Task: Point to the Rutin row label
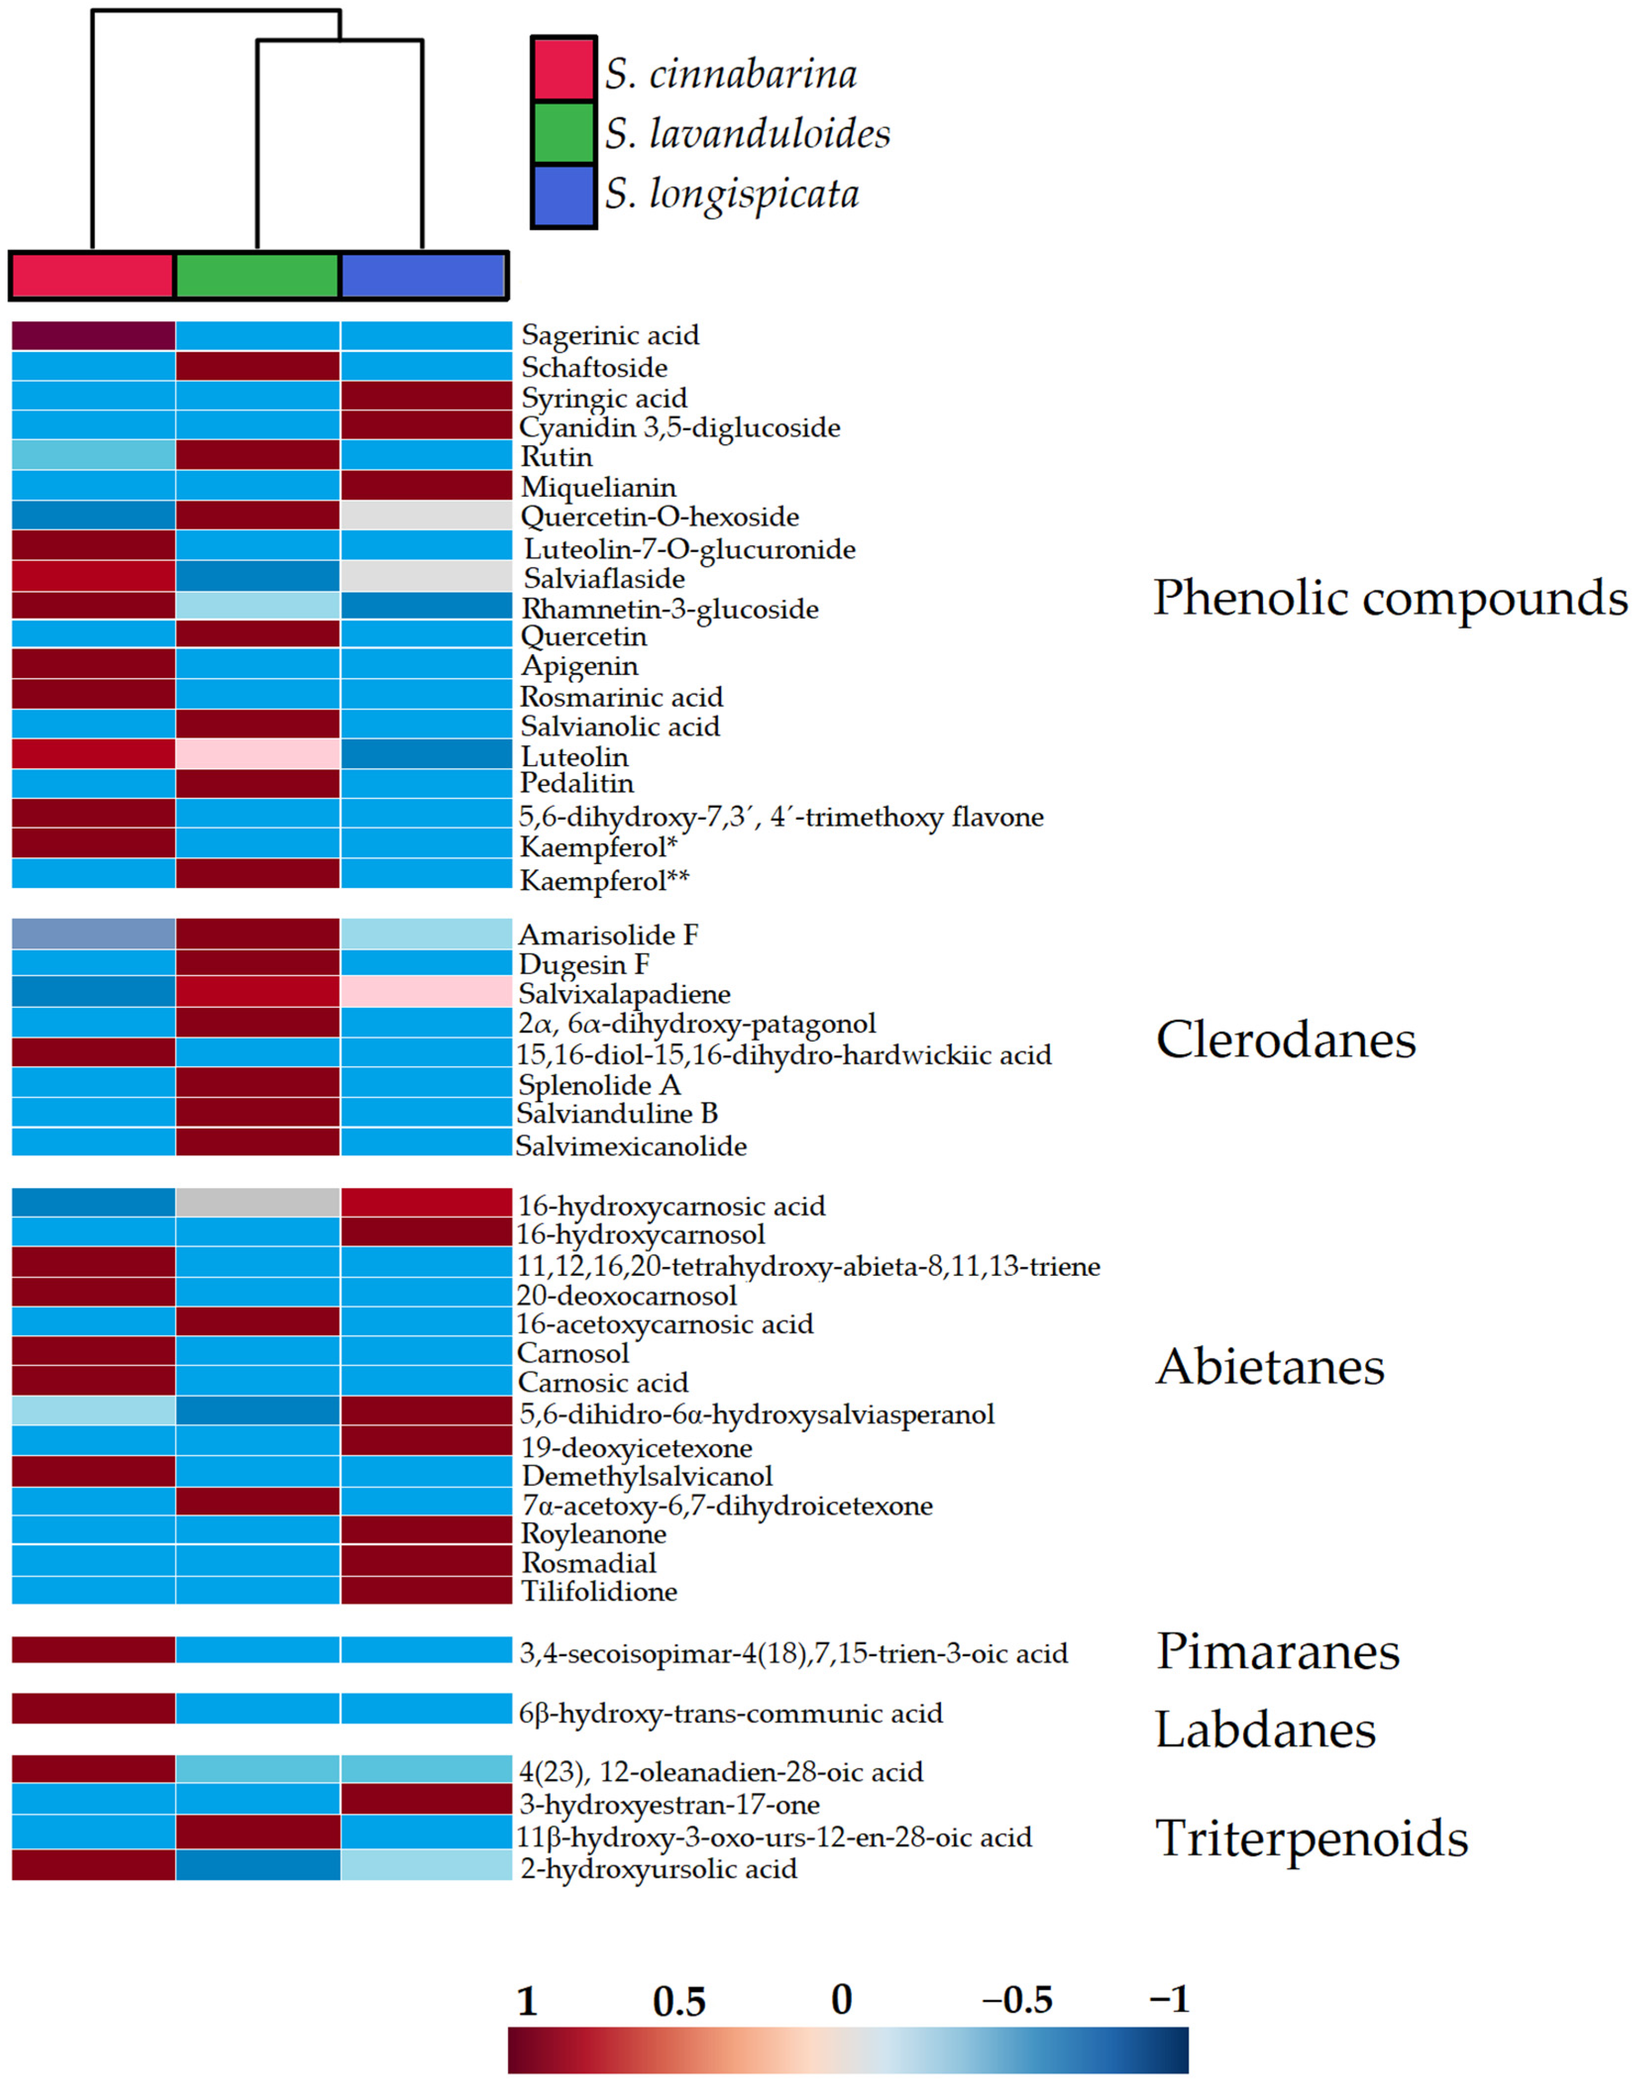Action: [557, 457]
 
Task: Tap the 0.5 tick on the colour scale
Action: [679, 2002]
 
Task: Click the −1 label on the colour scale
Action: [1168, 2000]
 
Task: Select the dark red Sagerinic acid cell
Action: [93, 335]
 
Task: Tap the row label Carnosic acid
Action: [602, 1382]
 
